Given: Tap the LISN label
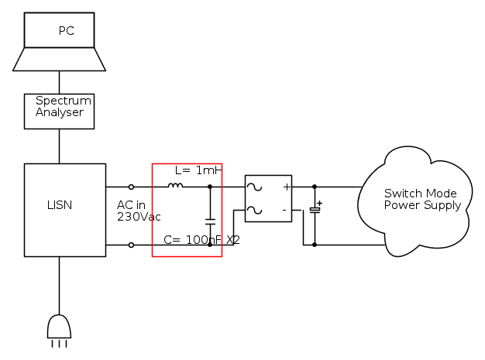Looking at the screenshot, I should coord(60,205).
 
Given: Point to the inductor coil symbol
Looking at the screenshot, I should coord(176,186).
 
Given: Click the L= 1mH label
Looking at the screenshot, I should coord(198,170).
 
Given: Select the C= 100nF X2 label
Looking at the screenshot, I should coord(201,240).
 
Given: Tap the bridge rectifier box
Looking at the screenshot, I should coord(268,198).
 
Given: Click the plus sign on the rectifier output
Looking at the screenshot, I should coord(286,187).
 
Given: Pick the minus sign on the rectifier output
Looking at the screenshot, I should coord(284,210).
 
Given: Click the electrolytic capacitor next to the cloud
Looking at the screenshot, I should coord(315,210).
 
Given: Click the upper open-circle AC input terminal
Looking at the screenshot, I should coord(131,187).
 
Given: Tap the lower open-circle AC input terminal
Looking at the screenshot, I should coord(131,245).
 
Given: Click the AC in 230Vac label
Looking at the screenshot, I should coord(139,211).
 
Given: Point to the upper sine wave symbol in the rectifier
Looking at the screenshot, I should coord(254,187).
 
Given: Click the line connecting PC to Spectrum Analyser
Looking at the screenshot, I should coord(60,82).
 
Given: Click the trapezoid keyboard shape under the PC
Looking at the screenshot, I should coord(60,59).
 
